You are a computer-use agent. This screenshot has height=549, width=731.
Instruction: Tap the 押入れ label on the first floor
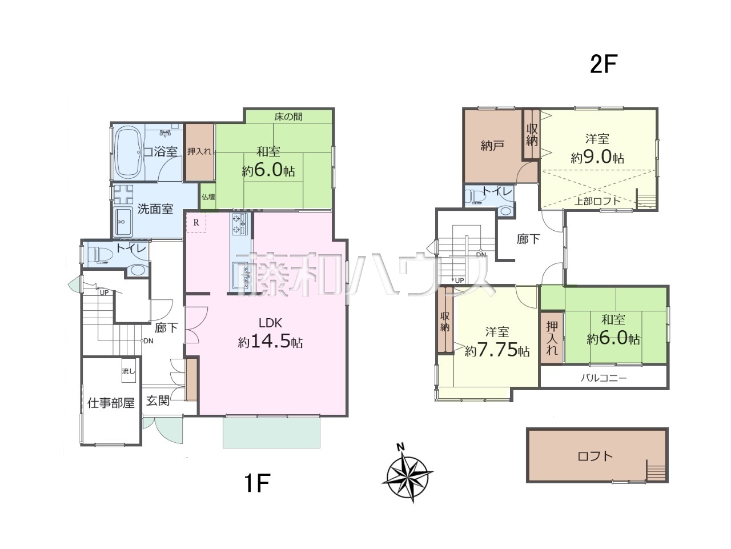click(x=199, y=151)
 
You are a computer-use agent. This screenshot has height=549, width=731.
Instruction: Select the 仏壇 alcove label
click(x=208, y=197)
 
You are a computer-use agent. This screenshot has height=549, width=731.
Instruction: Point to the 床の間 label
click(x=288, y=117)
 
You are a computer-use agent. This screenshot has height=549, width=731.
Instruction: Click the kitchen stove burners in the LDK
click(x=240, y=224)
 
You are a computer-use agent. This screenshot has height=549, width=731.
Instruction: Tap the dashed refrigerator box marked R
click(x=196, y=222)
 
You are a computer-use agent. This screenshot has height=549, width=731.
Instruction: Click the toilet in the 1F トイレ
click(x=98, y=255)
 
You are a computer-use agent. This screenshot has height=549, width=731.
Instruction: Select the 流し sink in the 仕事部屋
click(x=128, y=371)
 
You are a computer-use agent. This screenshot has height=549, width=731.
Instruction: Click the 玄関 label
click(x=158, y=400)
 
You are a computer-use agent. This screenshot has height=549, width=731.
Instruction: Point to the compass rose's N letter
click(x=401, y=447)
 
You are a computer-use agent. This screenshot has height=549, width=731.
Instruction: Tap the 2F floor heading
click(x=604, y=65)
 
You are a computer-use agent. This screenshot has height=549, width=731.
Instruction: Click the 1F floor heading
click(x=257, y=483)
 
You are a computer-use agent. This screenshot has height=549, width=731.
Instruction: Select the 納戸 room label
click(x=492, y=146)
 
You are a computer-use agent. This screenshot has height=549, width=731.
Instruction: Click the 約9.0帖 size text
click(x=597, y=157)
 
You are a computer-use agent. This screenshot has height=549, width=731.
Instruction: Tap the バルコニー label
click(x=604, y=378)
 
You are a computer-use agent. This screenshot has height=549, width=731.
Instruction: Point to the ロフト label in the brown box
click(x=595, y=456)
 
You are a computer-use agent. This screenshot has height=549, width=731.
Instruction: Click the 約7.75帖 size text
click(x=497, y=350)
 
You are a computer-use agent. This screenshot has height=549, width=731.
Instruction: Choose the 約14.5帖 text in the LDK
click(x=270, y=342)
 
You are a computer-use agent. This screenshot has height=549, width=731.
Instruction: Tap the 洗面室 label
click(x=155, y=209)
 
